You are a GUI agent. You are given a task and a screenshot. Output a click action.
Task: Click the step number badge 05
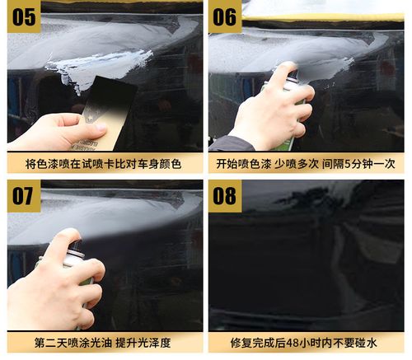22,16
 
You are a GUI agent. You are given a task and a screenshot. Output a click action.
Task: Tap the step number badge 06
226,16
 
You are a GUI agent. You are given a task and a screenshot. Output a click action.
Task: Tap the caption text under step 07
103,344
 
